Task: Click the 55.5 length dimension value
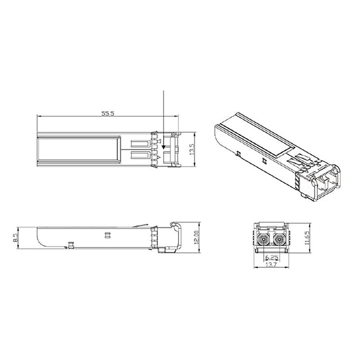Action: point(108,114)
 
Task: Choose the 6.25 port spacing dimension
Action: point(271,258)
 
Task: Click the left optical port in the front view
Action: point(264,239)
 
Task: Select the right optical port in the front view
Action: point(279,239)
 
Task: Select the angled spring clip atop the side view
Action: point(142,225)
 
